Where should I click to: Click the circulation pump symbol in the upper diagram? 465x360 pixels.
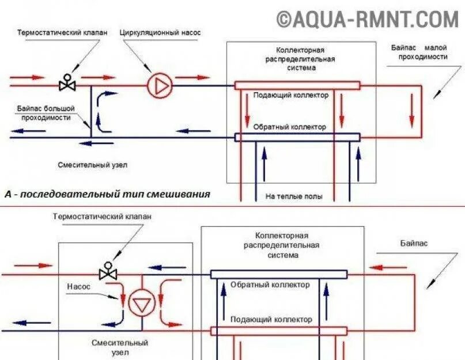point(160,86)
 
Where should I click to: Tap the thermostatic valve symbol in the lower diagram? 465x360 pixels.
point(108,271)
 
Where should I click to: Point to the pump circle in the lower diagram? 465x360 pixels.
point(138,304)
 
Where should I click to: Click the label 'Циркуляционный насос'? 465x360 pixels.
point(160,33)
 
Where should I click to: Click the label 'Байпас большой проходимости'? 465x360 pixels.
point(46,112)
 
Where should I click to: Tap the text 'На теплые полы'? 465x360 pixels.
point(294,196)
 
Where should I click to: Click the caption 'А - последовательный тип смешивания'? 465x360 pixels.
point(107,194)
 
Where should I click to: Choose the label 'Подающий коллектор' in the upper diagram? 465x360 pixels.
point(291,95)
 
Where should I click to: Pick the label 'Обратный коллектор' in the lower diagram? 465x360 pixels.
point(270,285)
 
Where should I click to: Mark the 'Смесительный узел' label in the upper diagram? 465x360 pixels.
point(92,165)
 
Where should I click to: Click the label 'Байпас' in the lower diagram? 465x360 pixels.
point(414,243)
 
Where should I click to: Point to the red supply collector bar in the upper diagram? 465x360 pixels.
point(297,85)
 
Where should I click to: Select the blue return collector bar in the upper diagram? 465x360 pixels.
point(297,137)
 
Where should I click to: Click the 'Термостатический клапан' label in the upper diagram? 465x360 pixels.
point(62,33)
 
